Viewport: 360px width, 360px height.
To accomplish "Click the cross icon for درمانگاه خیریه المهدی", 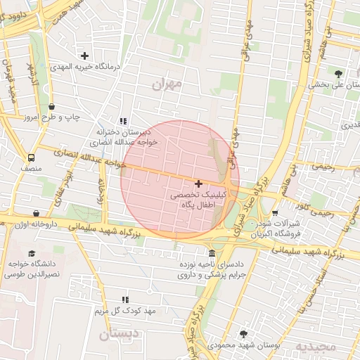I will (x=85, y=56).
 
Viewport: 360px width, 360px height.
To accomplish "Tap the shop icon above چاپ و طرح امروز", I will (x=52, y=107).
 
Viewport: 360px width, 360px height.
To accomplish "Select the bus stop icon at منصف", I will (x=31, y=158).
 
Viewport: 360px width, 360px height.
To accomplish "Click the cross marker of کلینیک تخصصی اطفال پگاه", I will (x=198, y=183).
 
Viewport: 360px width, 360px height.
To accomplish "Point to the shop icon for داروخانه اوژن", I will (x=36, y=213).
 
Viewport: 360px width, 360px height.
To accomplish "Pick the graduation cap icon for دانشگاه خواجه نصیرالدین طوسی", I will (x=31, y=253).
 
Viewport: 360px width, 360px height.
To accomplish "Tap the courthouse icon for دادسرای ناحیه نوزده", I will (x=212, y=253).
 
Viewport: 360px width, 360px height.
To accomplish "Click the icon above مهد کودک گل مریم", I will (x=126, y=300).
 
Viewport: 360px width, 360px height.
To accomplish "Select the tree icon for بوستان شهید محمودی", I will (x=244, y=334).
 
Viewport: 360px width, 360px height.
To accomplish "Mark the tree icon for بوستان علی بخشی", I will (x=338, y=74).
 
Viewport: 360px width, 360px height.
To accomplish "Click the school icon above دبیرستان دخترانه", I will (x=124, y=121).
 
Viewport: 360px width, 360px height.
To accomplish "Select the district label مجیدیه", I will (x=311, y=347).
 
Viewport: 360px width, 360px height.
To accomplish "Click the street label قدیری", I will (x=349, y=125).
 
